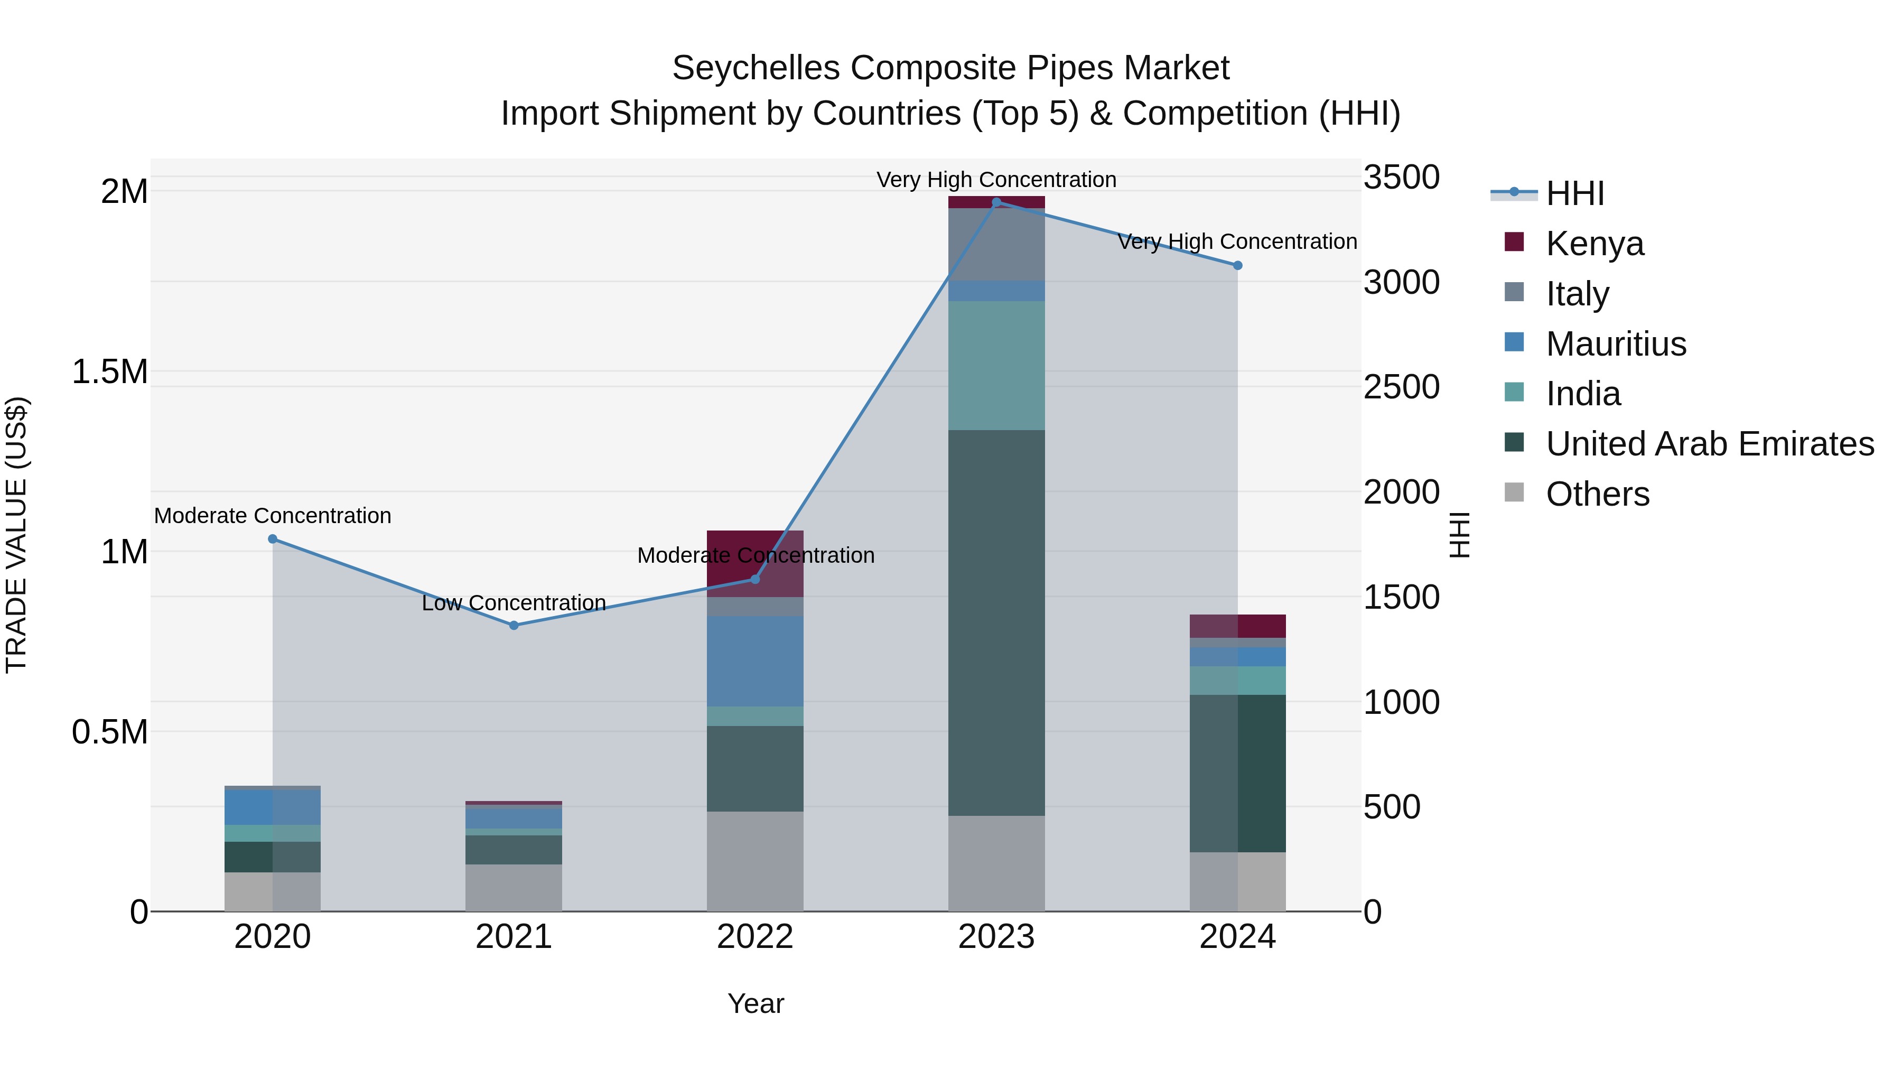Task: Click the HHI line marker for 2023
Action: point(996,202)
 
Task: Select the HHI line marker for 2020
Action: point(273,539)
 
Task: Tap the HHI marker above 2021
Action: point(514,626)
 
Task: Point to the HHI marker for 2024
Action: point(1237,265)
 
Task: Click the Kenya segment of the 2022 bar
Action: point(754,554)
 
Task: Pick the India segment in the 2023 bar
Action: point(996,366)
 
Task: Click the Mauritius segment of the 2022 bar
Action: point(754,661)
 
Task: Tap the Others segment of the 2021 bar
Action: point(514,888)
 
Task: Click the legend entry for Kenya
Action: point(1595,244)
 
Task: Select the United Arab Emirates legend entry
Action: point(1709,444)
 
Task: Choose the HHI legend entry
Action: point(1574,193)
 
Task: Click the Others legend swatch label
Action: point(1597,494)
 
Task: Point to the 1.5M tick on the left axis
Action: point(110,371)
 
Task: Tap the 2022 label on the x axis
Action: point(754,937)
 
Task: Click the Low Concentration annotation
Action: point(514,603)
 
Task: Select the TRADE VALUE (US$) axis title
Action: point(16,535)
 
